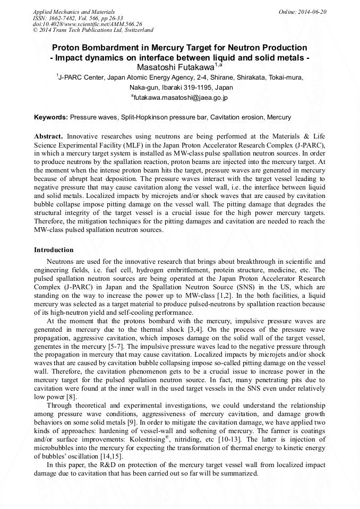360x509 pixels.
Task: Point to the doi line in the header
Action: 88,24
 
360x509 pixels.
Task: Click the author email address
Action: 181,98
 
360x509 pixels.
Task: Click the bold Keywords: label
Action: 51,117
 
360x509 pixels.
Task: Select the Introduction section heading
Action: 54,249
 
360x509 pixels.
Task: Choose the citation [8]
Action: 71,396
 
